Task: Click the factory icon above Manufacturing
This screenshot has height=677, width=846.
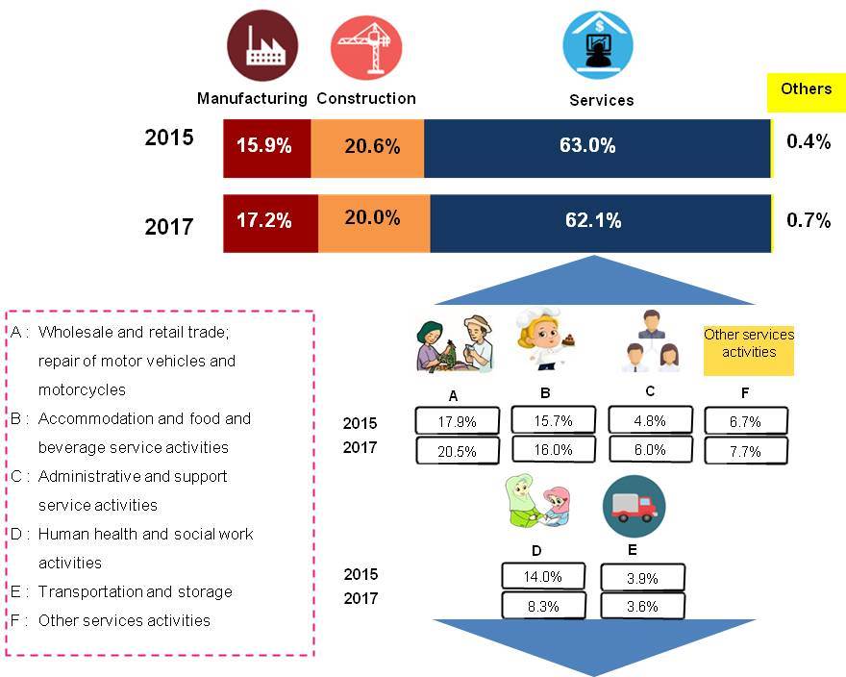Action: (261, 45)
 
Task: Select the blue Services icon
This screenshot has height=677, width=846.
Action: (597, 44)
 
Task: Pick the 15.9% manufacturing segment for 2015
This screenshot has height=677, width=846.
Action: (266, 147)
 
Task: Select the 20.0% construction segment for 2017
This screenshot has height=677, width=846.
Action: (371, 219)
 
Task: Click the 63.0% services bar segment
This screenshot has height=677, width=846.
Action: (597, 147)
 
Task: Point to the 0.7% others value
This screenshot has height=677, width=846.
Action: (808, 221)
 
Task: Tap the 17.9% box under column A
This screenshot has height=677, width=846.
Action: (458, 421)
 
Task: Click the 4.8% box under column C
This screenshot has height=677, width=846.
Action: (650, 421)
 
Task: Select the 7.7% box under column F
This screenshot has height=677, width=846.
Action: (746, 450)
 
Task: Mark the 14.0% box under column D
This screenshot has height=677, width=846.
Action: (544, 576)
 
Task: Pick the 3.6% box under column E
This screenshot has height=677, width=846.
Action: (642, 605)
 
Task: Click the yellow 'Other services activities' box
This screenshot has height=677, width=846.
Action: (749, 343)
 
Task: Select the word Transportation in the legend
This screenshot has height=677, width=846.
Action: (87, 591)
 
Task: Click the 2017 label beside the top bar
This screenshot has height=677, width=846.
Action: (169, 227)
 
